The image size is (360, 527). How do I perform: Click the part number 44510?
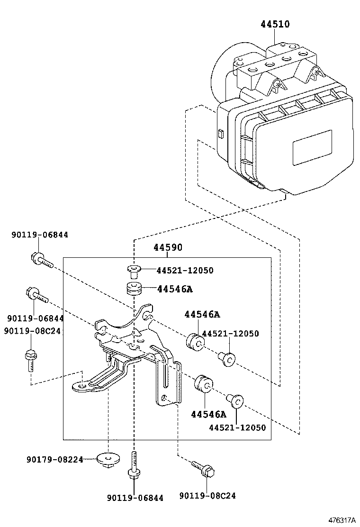(275, 24)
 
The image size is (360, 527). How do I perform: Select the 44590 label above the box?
(168, 248)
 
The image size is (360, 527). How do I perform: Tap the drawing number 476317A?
(342, 520)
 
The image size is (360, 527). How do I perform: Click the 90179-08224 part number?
(55, 459)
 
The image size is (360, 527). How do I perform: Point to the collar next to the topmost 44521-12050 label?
(134, 271)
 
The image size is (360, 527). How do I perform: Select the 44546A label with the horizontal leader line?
(175, 289)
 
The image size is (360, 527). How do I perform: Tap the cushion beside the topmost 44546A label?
(134, 290)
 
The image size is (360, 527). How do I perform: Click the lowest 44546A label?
(208, 414)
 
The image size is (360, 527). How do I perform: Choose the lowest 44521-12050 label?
(237, 427)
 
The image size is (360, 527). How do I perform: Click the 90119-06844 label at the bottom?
(135, 498)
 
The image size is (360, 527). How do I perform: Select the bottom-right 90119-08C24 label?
(207, 496)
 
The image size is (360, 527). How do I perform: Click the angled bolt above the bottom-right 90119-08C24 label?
(203, 469)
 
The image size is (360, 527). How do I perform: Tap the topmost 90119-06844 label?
(40, 235)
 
